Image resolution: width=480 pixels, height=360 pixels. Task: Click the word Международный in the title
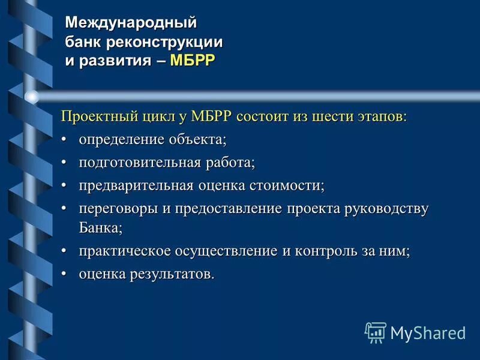tap(131, 23)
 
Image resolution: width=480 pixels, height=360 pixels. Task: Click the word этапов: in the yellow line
tap(379, 116)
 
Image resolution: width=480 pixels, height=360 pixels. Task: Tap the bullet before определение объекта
tap(65, 140)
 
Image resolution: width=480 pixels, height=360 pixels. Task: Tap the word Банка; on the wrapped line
tap(100, 228)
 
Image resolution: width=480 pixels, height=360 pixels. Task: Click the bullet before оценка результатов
tap(65, 274)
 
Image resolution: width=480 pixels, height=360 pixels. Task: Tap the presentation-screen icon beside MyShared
tap(375, 332)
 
